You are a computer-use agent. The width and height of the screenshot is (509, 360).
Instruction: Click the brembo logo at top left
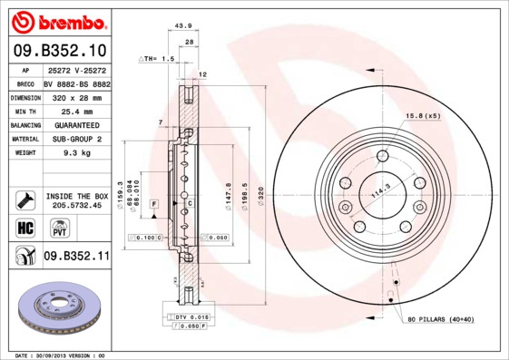(61, 21)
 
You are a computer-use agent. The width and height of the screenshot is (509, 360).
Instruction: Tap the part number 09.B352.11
(77, 257)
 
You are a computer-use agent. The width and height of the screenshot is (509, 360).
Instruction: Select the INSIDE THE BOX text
(77, 196)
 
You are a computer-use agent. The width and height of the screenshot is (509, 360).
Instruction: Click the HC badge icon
(24, 227)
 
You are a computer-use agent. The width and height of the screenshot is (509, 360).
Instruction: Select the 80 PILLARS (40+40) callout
(439, 320)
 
